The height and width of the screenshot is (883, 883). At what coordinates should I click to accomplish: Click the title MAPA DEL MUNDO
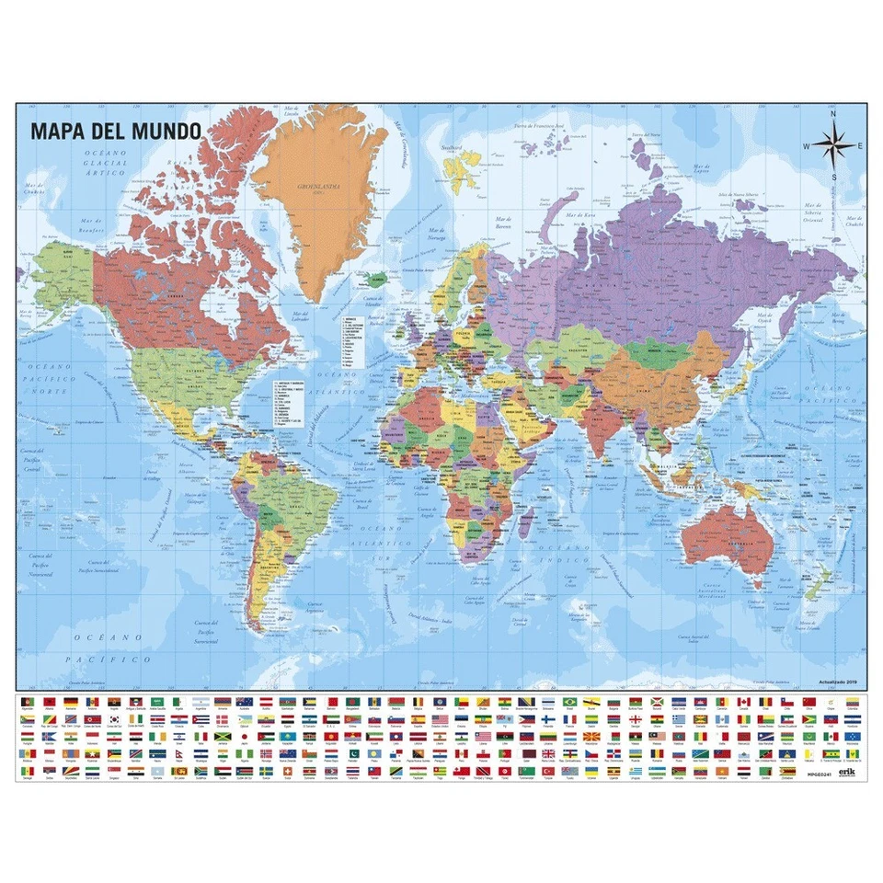115,129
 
